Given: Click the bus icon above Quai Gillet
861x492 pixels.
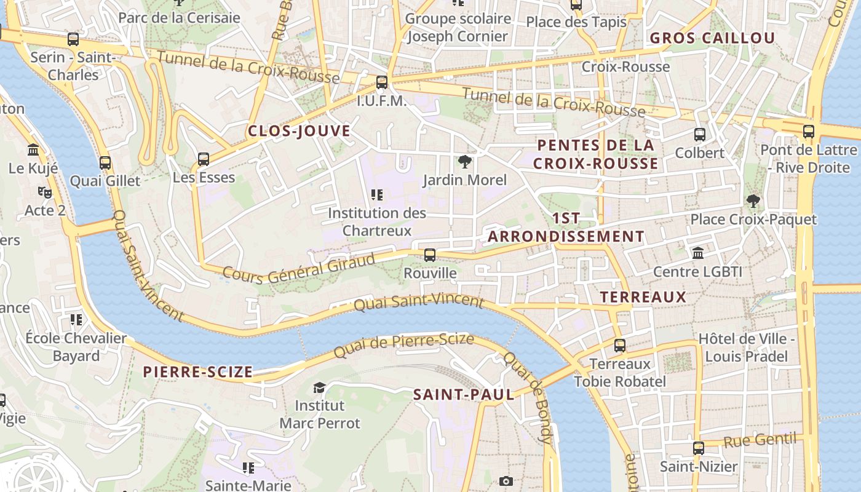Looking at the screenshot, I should [x=105, y=163].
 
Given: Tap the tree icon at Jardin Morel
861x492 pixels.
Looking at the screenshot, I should [x=465, y=162].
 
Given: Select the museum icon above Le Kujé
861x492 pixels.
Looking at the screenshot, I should [x=33, y=150].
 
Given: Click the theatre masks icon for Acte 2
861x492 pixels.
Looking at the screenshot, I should [x=44, y=192].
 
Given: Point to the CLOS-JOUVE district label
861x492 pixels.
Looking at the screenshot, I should [x=299, y=131].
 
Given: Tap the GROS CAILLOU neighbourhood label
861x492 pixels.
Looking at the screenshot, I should [x=712, y=38].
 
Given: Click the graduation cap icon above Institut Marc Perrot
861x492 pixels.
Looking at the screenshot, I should [x=319, y=387].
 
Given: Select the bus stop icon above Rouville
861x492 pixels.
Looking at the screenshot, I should [x=430, y=255].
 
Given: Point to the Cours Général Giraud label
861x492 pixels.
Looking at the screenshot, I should [x=299, y=268].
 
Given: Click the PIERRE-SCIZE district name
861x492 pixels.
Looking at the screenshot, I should [x=197, y=372].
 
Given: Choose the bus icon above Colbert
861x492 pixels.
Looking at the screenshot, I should [x=699, y=134].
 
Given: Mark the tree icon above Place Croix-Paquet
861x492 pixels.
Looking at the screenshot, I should [x=752, y=200].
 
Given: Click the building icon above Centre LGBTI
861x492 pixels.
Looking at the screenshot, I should [x=698, y=253].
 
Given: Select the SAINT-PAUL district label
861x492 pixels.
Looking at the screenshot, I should [x=463, y=395].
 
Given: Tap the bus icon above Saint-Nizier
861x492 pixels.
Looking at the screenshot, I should [x=698, y=448].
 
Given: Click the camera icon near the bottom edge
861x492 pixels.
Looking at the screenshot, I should [x=506, y=481].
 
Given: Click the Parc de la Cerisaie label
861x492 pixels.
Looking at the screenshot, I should [x=179, y=18].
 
